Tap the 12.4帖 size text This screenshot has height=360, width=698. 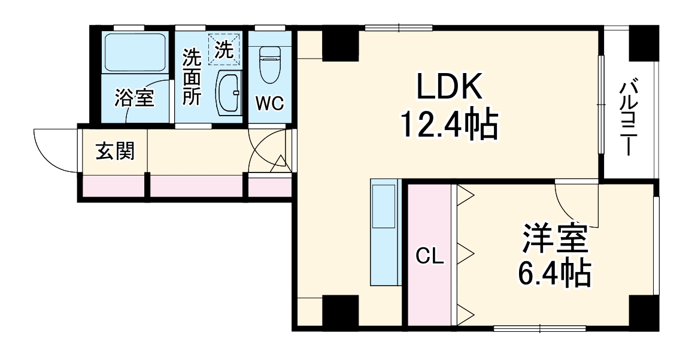[449, 125]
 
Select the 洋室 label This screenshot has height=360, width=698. [556, 240]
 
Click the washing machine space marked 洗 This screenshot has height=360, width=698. [224, 49]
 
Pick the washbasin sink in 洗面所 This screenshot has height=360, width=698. [228, 92]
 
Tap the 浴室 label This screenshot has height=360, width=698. [135, 96]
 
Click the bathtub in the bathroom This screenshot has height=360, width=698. [135, 53]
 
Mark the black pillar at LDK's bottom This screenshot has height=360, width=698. [340, 311]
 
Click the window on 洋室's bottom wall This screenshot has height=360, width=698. [540, 328]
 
